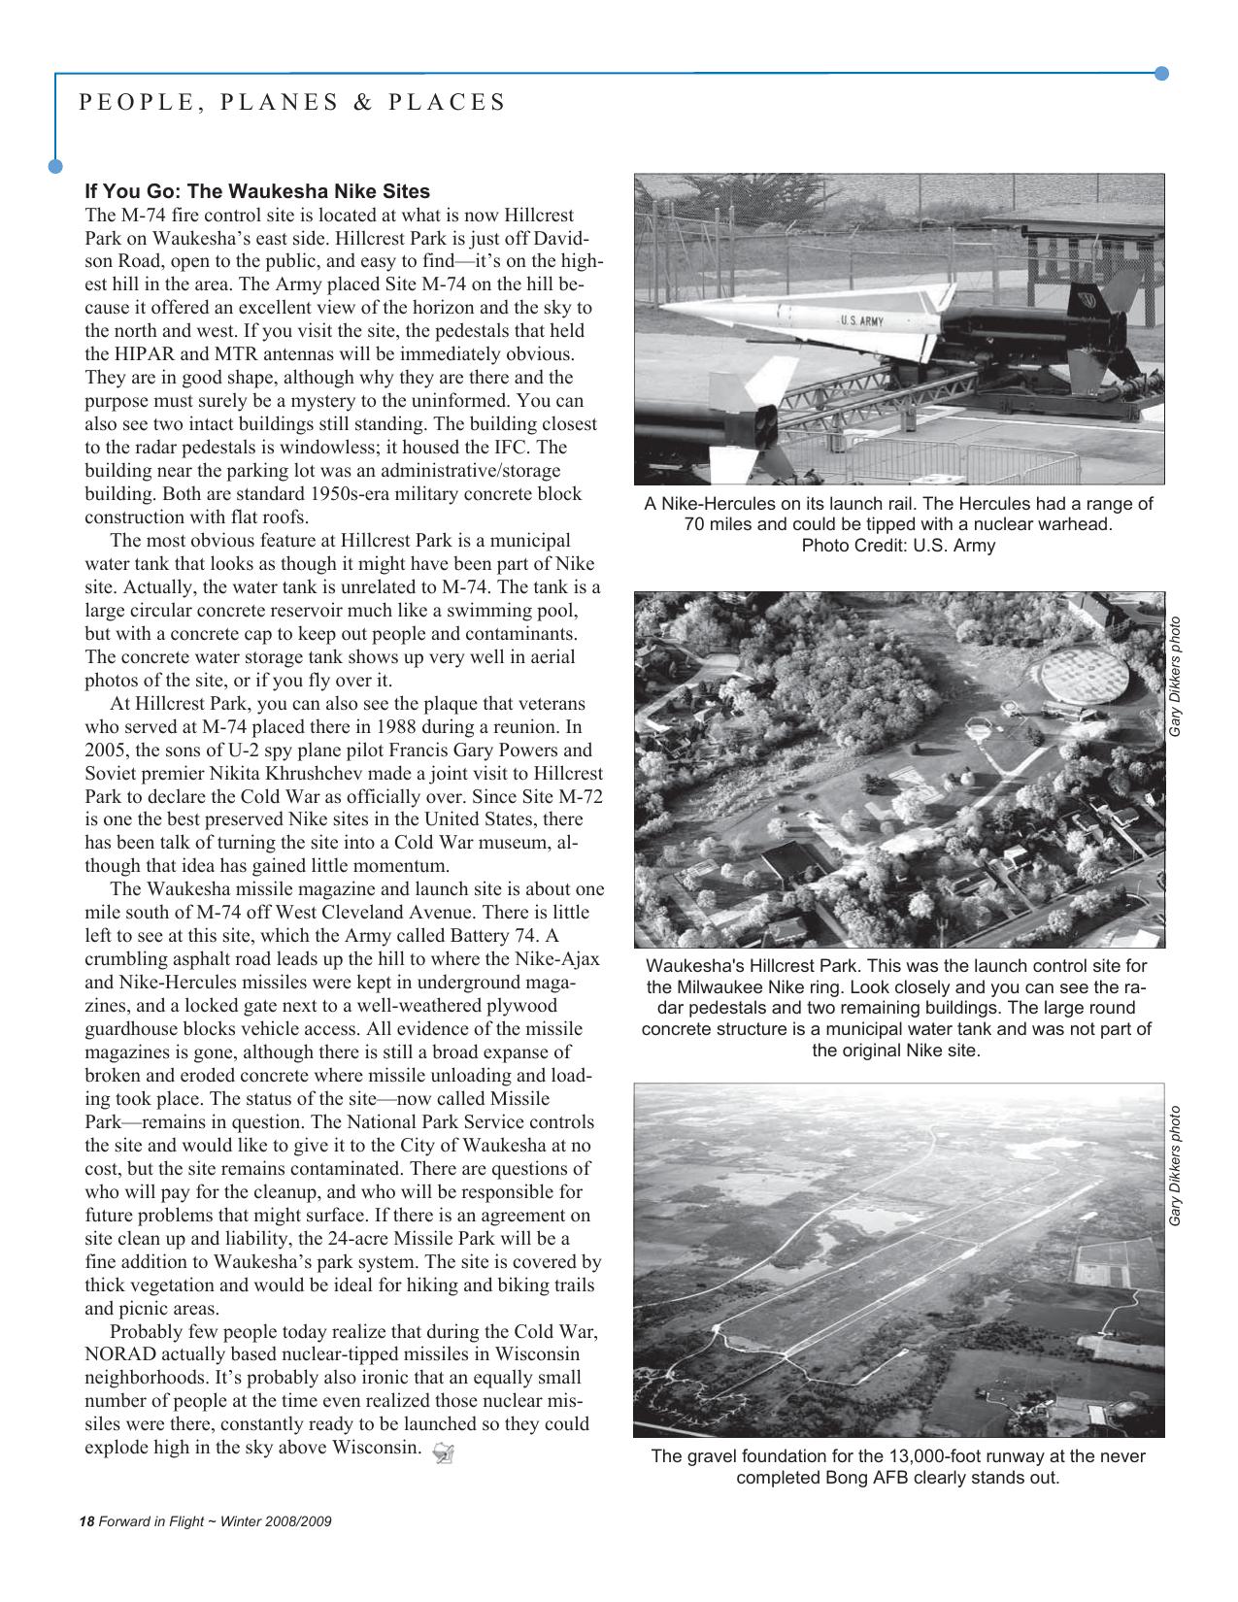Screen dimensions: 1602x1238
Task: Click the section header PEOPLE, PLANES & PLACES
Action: coord(292,103)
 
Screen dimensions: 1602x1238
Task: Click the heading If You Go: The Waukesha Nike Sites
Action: coord(257,191)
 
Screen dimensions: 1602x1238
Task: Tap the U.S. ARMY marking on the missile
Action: coord(860,320)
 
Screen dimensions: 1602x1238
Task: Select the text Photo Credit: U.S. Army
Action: coord(897,546)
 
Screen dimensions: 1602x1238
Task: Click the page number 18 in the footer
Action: coord(85,1521)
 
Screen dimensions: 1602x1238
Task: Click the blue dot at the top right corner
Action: coord(1161,74)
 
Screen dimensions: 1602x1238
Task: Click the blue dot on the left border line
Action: coord(55,166)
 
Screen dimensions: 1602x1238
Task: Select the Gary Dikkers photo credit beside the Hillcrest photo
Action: coord(1175,677)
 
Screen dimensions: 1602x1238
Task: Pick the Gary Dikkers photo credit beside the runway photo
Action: coord(1175,1166)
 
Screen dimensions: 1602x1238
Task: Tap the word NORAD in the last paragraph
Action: coord(118,1354)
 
